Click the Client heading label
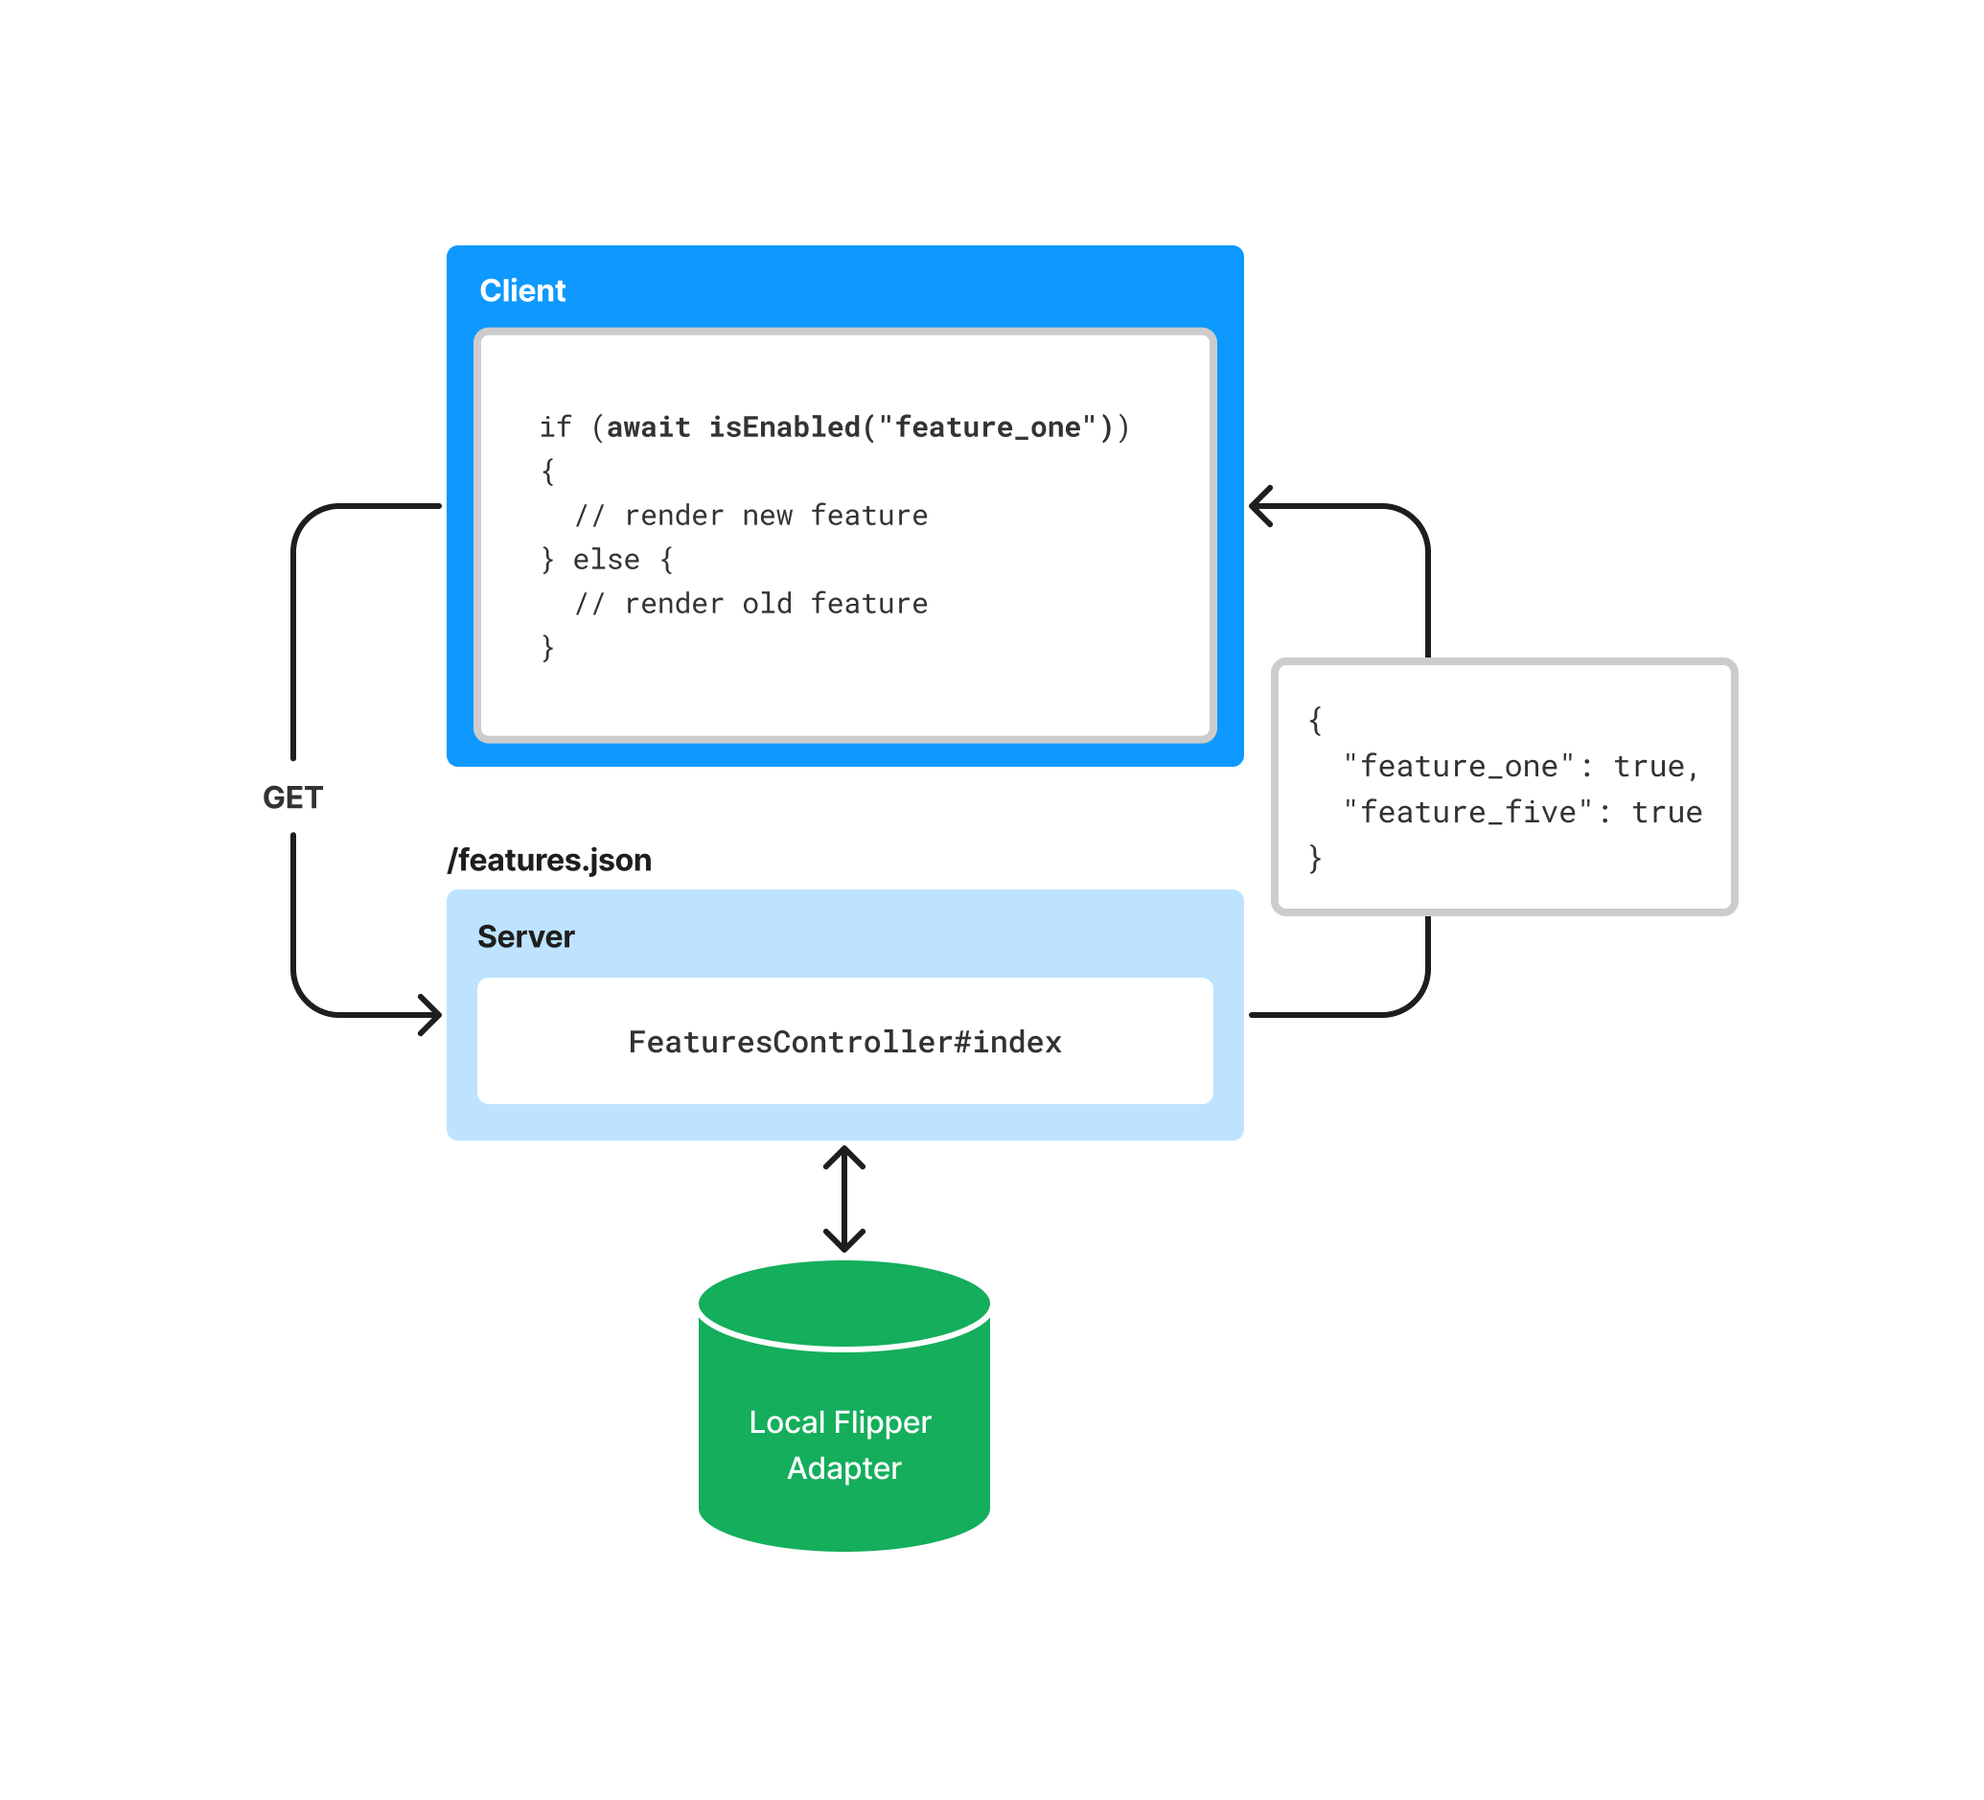tap(521, 290)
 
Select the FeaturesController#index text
tap(844, 1041)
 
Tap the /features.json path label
tap(549, 860)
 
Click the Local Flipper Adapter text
tap(842, 1443)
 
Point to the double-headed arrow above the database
tap(843, 1199)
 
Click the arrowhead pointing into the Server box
tap(431, 1014)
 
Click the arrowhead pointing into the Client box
tap(1260, 506)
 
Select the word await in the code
tap(648, 427)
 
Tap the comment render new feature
tap(775, 515)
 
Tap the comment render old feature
tap(775, 603)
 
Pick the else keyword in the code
tap(606, 559)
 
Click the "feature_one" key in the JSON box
tap(1459, 766)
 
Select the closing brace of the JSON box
tap(1315, 857)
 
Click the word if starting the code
tap(555, 427)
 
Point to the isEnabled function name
tap(784, 427)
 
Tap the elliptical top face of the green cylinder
tap(843, 1301)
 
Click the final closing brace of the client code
tap(548, 648)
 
